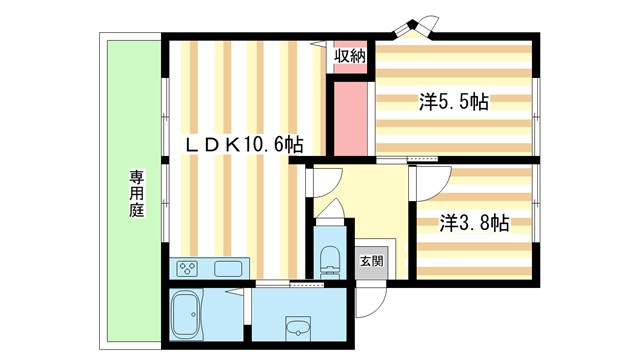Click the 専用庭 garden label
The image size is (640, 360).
[x=136, y=194]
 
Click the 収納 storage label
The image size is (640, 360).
[x=349, y=55]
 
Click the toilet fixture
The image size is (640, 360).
[x=326, y=263]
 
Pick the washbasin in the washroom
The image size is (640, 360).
[x=298, y=327]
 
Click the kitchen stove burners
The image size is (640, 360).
[x=190, y=268]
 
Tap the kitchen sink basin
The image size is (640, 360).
[x=226, y=268]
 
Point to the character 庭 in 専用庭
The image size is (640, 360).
[x=136, y=211]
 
